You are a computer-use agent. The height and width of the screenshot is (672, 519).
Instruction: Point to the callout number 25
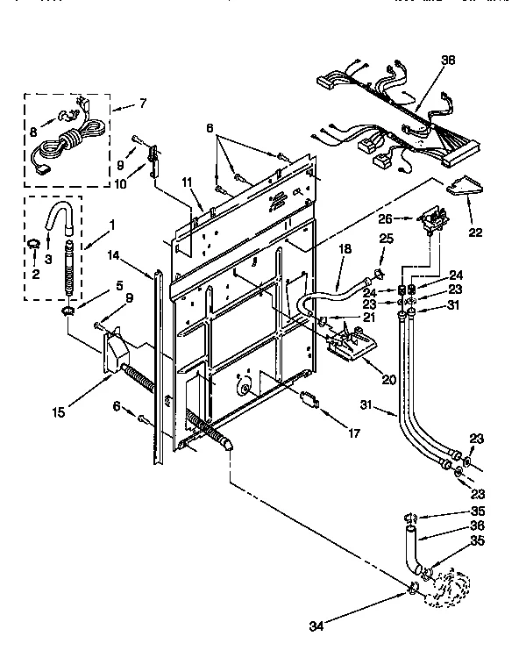click(x=387, y=239)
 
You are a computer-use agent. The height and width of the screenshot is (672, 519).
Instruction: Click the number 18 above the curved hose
click(x=344, y=250)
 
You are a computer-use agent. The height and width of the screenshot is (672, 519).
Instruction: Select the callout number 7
click(x=143, y=104)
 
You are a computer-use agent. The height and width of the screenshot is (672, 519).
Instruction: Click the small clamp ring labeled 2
click(x=32, y=243)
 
